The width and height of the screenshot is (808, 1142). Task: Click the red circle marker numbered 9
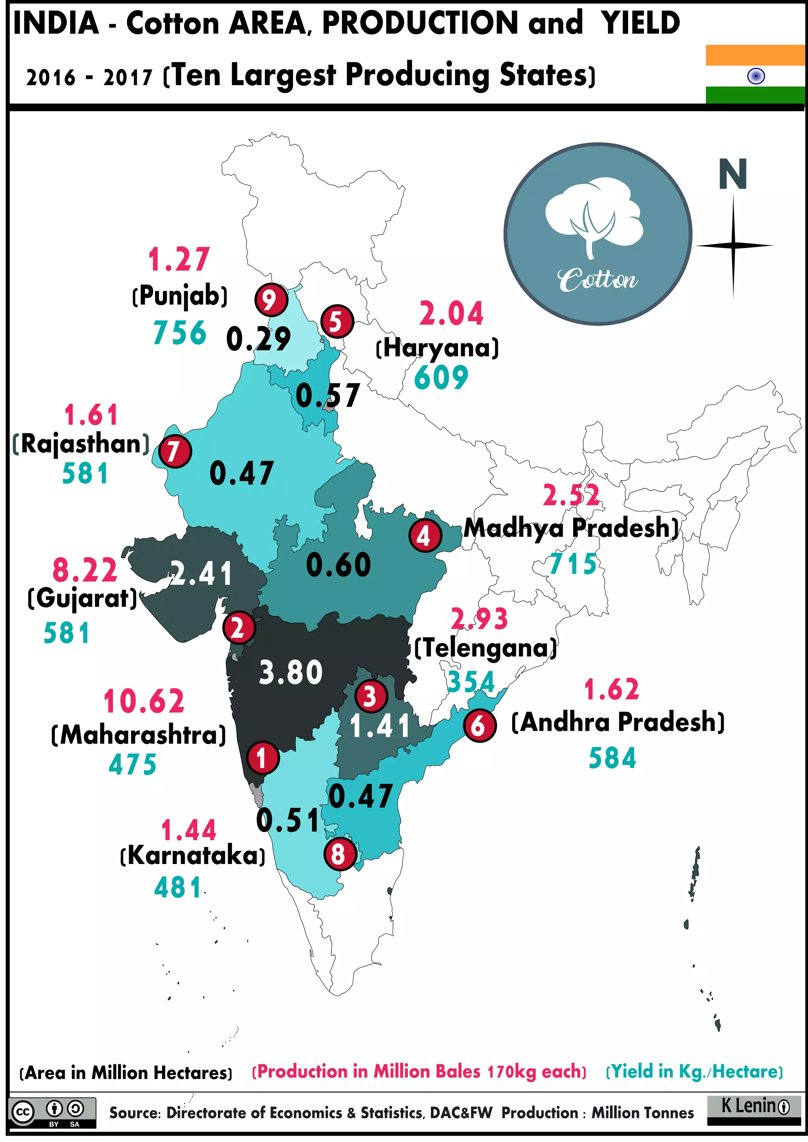(x=271, y=300)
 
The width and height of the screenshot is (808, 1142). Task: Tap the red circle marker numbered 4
(x=425, y=536)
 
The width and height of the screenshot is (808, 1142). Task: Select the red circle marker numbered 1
(x=262, y=758)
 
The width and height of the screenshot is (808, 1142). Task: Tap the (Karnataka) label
(x=193, y=855)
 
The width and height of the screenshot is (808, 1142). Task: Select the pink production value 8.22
(x=84, y=570)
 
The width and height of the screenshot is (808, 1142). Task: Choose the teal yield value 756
(x=180, y=333)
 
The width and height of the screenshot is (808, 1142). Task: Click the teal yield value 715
(x=573, y=564)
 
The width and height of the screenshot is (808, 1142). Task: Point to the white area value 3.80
(x=290, y=672)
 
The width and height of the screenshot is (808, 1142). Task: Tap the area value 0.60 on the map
(x=339, y=565)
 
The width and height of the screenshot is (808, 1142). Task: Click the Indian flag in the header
(x=755, y=74)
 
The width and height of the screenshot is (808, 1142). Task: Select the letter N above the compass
(x=733, y=174)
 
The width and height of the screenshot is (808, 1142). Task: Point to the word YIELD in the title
(x=640, y=23)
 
